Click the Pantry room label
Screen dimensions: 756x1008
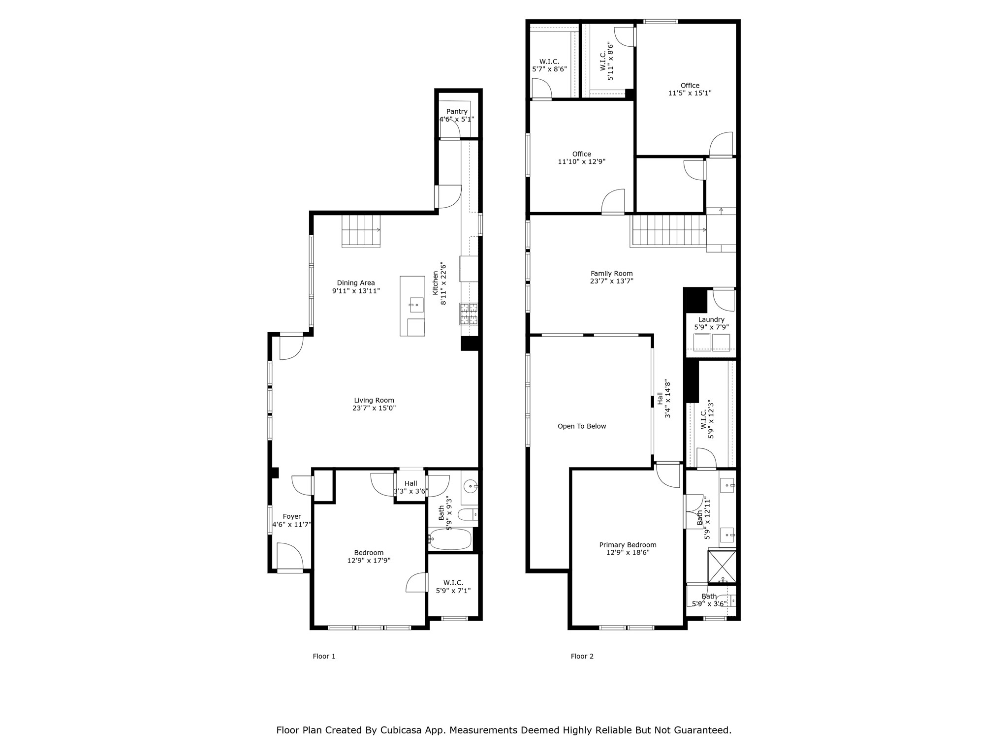tap(457, 112)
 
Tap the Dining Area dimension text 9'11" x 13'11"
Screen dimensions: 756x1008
tap(356, 291)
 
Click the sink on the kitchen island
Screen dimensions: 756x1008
tap(416, 305)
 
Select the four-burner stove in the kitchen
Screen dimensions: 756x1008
tap(469, 314)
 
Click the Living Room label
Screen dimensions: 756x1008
tap(374, 400)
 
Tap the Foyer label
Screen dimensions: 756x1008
tap(292, 516)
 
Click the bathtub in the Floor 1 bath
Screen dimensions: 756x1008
tap(450, 539)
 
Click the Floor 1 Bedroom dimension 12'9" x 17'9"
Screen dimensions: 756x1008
tap(369, 560)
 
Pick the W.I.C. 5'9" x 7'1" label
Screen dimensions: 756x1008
tap(453, 587)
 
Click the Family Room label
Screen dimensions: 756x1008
tap(612, 274)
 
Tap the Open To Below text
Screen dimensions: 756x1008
tap(582, 426)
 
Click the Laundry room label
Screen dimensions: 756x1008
tap(711, 319)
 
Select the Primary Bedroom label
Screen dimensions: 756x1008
tap(628, 545)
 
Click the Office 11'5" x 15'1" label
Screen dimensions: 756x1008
tap(690, 89)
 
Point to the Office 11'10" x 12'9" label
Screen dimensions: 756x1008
tap(581, 157)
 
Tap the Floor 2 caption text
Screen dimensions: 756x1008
tap(582, 656)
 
